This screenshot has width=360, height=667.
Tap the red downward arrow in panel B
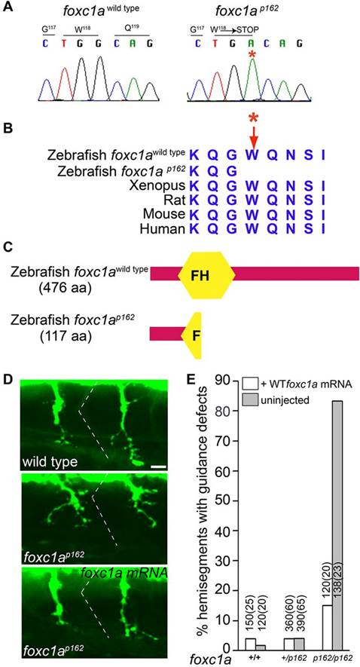tap(254, 136)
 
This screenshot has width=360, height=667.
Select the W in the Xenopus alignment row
tap(253, 186)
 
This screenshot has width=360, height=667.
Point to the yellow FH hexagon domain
tap(206, 273)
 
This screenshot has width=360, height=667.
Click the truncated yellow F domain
tap(192, 335)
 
